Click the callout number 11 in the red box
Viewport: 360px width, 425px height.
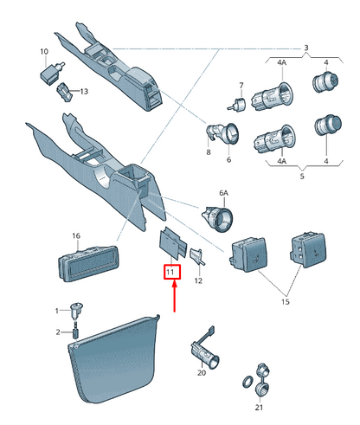tap(170, 272)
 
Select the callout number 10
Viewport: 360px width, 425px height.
tap(44, 52)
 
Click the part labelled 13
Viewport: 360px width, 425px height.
tap(64, 92)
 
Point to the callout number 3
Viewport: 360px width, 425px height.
tap(306, 48)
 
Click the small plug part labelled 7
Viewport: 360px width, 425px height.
tap(237, 105)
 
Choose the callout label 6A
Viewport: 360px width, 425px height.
tap(223, 193)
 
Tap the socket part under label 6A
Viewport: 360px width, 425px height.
tap(217, 218)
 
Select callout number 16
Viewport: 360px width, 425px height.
tap(76, 236)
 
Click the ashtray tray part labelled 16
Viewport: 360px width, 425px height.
tap(88, 263)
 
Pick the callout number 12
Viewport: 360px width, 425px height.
tap(198, 280)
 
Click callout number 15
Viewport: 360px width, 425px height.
tap(285, 302)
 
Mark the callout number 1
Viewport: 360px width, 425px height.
tap(57, 311)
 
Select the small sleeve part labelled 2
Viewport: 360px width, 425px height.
tap(75, 333)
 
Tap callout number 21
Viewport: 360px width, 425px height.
tap(259, 407)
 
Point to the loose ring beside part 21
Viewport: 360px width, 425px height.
tap(247, 382)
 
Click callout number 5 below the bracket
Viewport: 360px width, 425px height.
tap(302, 176)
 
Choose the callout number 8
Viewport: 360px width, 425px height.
tap(209, 152)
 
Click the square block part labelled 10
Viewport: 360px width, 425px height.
tap(50, 74)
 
